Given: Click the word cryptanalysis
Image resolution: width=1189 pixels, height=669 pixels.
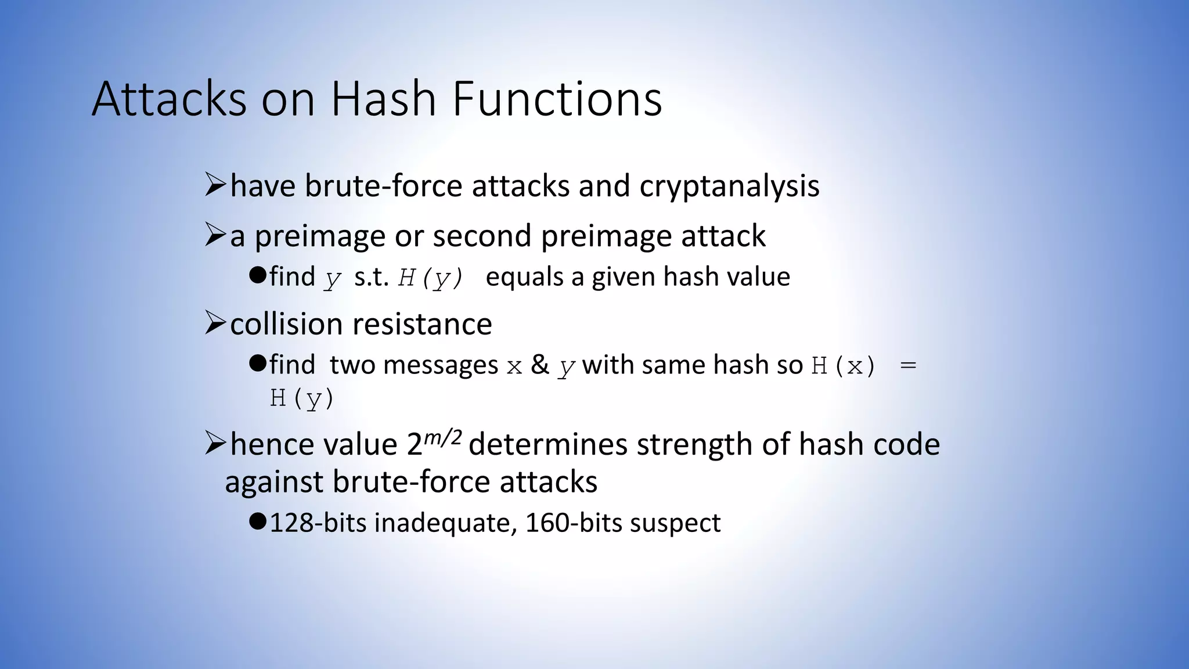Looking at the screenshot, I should pyautogui.click(x=729, y=187).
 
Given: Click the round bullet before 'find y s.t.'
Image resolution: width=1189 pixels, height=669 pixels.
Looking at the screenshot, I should pyautogui.click(x=257, y=275).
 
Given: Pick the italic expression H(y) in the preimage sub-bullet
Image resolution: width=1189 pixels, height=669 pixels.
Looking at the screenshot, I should pyautogui.click(x=430, y=278).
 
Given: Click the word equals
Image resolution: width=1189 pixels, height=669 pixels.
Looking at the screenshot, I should pyautogui.click(x=524, y=277).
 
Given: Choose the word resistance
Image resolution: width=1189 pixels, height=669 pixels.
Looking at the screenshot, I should pyautogui.click(x=424, y=323).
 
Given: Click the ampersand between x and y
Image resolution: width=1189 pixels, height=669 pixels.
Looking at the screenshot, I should pyautogui.click(x=540, y=365).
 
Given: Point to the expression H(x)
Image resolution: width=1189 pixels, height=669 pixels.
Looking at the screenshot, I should pyautogui.click(x=844, y=366).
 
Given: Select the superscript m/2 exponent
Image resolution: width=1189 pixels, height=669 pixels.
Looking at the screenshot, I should pyautogui.click(x=443, y=436).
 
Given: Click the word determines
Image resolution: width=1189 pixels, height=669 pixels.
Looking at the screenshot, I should pyautogui.click(x=547, y=445).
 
